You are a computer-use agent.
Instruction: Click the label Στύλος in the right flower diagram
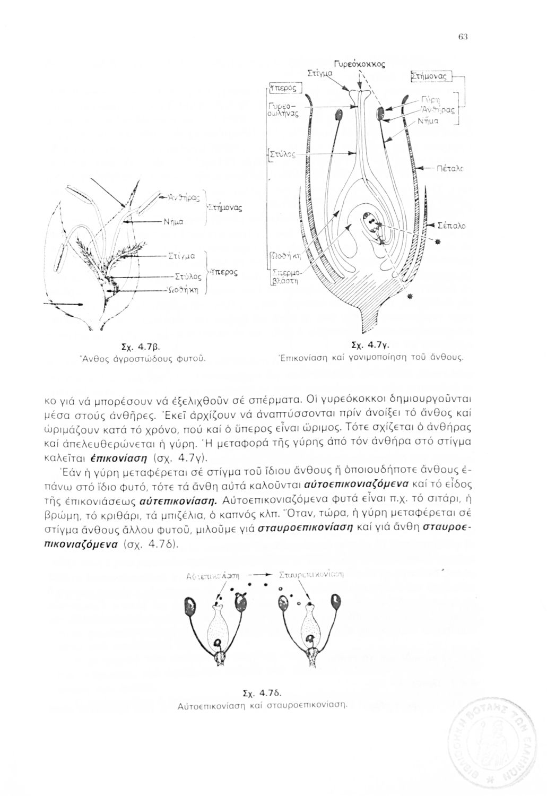pos(281,155)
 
